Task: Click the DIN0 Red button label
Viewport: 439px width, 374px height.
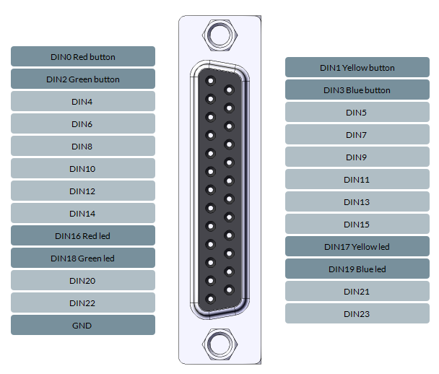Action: pyautogui.click(x=83, y=56)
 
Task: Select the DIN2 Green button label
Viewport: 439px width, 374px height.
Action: pyautogui.click(x=83, y=79)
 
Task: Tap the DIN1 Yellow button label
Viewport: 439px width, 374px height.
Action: pyautogui.click(x=357, y=67)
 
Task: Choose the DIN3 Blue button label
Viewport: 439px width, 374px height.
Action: pyautogui.click(x=357, y=90)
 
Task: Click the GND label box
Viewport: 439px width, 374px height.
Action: pyautogui.click(x=83, y=325)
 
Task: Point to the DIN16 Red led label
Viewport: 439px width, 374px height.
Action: pyautogui.click(x=83, y=235)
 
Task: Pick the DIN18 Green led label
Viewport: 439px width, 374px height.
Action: pyautogui.click(x=83, y=258)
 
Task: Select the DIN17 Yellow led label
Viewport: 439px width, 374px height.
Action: pyautogui.click(x=357, y=246)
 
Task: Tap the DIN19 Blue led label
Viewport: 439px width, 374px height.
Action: pyautogui.click(x=357, y=269)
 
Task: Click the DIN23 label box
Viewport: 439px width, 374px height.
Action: pyautogui.click(x=357, y=313)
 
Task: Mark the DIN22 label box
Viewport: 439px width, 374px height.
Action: pyautogui.click(x=83, y=303)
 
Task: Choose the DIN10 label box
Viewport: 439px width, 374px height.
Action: pyautogui.click(x=83, y=168)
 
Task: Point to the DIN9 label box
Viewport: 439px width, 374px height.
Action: pyautogui.click(x=357, y=157)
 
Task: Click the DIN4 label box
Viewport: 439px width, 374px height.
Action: pyautogui.click(x=83, y=101)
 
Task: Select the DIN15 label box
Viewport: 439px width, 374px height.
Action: pyautogui.click(x=357, y=224)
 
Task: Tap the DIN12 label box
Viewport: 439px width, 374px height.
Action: pyautogui.click(x=83, y=191)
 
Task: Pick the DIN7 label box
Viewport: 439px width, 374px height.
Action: pyautogui.click(x=357, y=134)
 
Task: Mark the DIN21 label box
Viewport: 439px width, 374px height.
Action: pyautogui.click(x=357, y=291)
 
